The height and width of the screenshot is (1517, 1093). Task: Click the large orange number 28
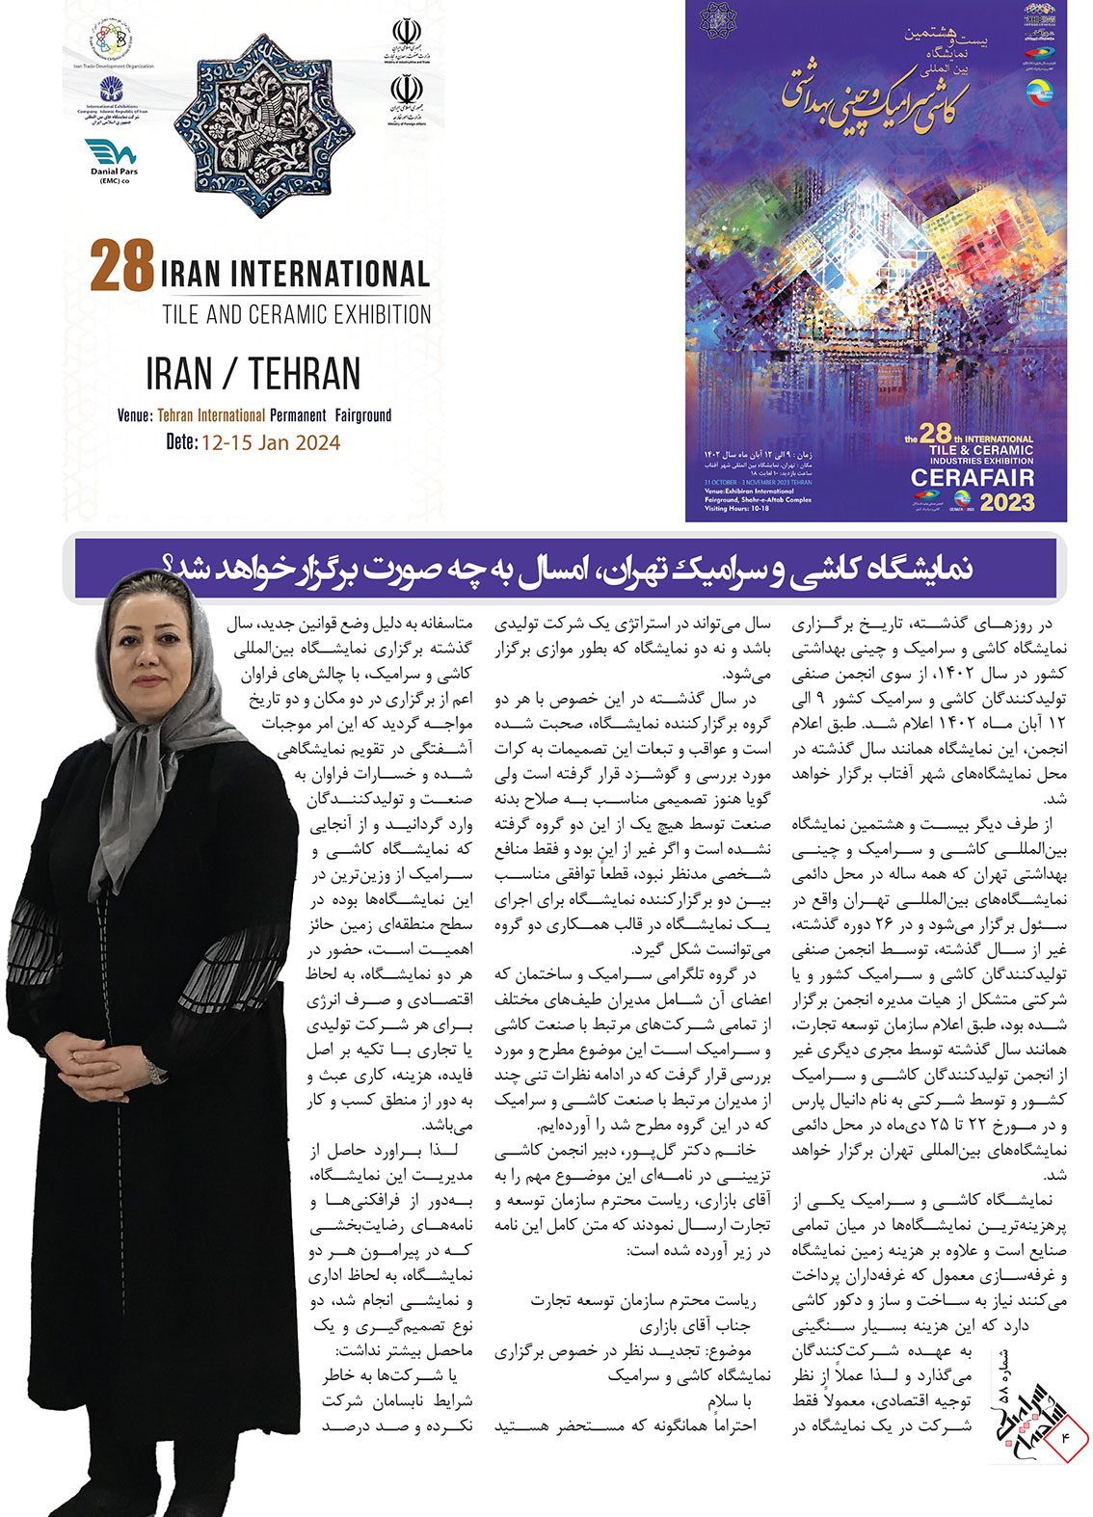pos(122,266)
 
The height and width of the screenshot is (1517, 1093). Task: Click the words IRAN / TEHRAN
pos(253,373)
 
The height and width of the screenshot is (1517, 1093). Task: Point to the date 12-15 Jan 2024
pos(270,442)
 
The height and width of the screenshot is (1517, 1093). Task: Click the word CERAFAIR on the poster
pos(972,477)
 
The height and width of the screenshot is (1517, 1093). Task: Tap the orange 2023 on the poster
pos(1006,501)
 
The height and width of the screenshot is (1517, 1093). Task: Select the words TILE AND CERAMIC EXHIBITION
pos(297,314)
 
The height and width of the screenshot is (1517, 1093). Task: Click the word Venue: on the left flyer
pos(135,415)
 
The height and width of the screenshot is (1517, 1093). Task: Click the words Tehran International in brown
pos(211,415)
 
